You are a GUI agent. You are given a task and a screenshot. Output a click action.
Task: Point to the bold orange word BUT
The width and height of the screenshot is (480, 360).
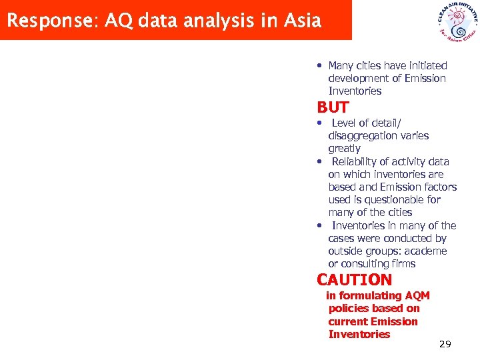[x=333, y=107]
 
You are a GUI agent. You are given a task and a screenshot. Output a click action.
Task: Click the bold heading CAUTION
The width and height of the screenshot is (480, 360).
[x=354, y=280]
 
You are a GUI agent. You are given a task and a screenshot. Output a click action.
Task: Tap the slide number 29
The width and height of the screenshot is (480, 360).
[x=445, y=344]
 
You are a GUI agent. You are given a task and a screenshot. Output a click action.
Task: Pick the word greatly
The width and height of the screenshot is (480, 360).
[x=344, y=149]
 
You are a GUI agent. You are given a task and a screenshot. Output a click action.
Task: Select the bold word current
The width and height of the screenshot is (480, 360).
[x=349, y=321]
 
